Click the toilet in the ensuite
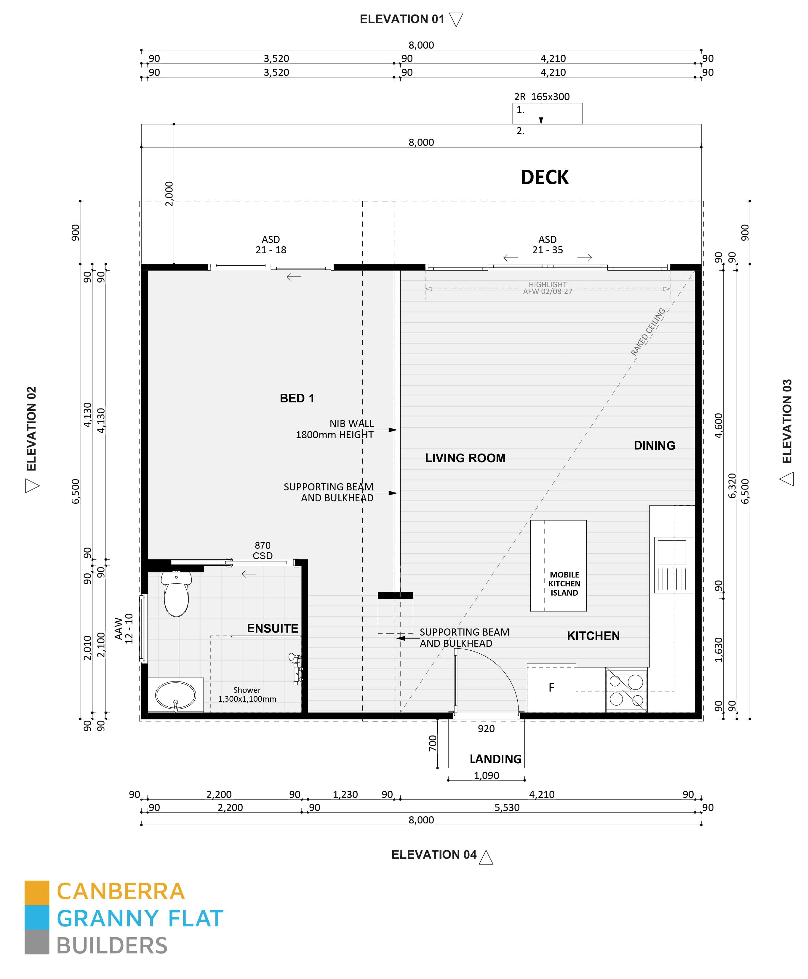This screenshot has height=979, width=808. click(176, 596)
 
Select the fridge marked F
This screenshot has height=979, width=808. click(551, 688)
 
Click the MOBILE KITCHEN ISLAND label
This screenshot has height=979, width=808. click(564, 584)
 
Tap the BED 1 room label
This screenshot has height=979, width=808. click(297, 399)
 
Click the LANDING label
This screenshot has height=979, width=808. click(495, 759)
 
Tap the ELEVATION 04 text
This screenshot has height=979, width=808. click(434, 855)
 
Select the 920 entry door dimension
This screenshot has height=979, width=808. click(486, 729)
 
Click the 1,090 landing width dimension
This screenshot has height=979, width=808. click(487, 775)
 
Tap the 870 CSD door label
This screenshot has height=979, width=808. click(263, 550)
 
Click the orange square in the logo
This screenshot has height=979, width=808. click(37, 892)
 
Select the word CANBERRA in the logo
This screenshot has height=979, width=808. click(121, 892)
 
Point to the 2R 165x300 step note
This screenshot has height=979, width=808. click(541, 97)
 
